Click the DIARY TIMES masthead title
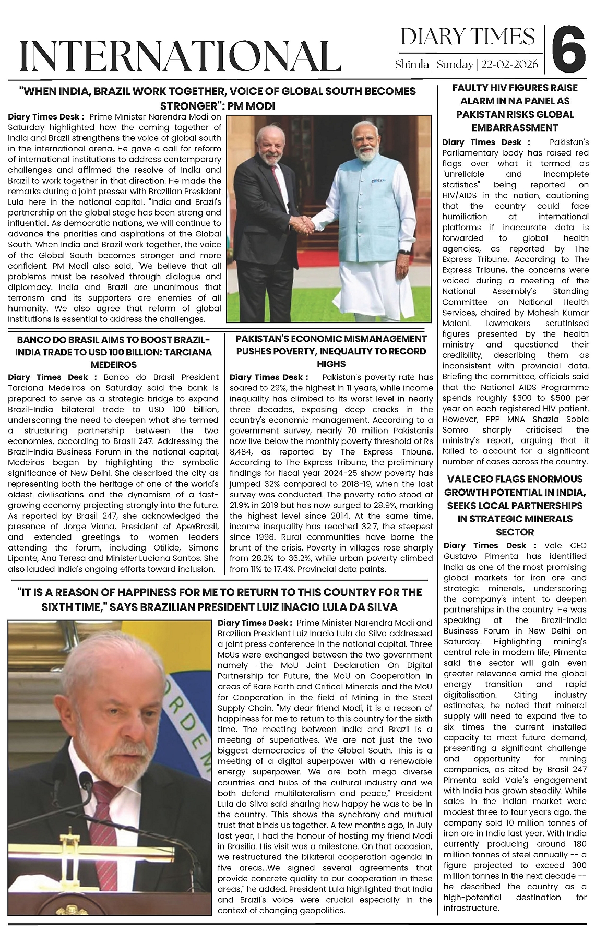click(x=468, y=37)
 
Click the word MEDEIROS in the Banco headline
click(x=113, y=365)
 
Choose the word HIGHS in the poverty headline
click(x=331, y=364)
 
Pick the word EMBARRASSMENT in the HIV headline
click(x=515, y=128)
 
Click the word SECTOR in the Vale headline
click(x=515, y=532)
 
